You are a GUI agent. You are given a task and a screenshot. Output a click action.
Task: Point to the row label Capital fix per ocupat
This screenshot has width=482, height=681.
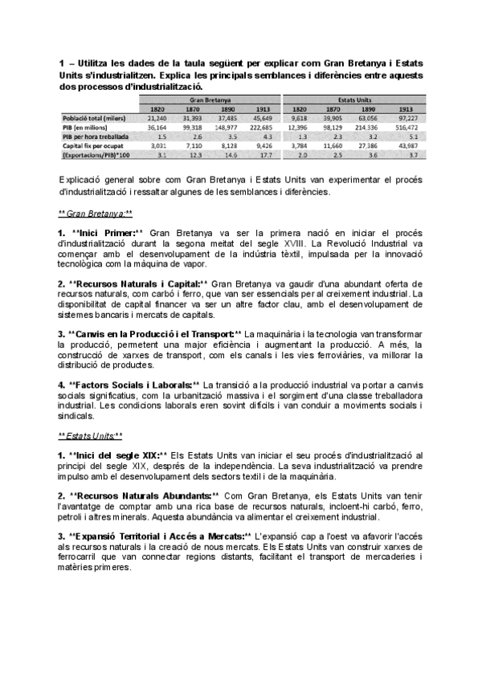point(89,146)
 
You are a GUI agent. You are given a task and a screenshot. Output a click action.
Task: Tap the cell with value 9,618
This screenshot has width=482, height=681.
point(298,117)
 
